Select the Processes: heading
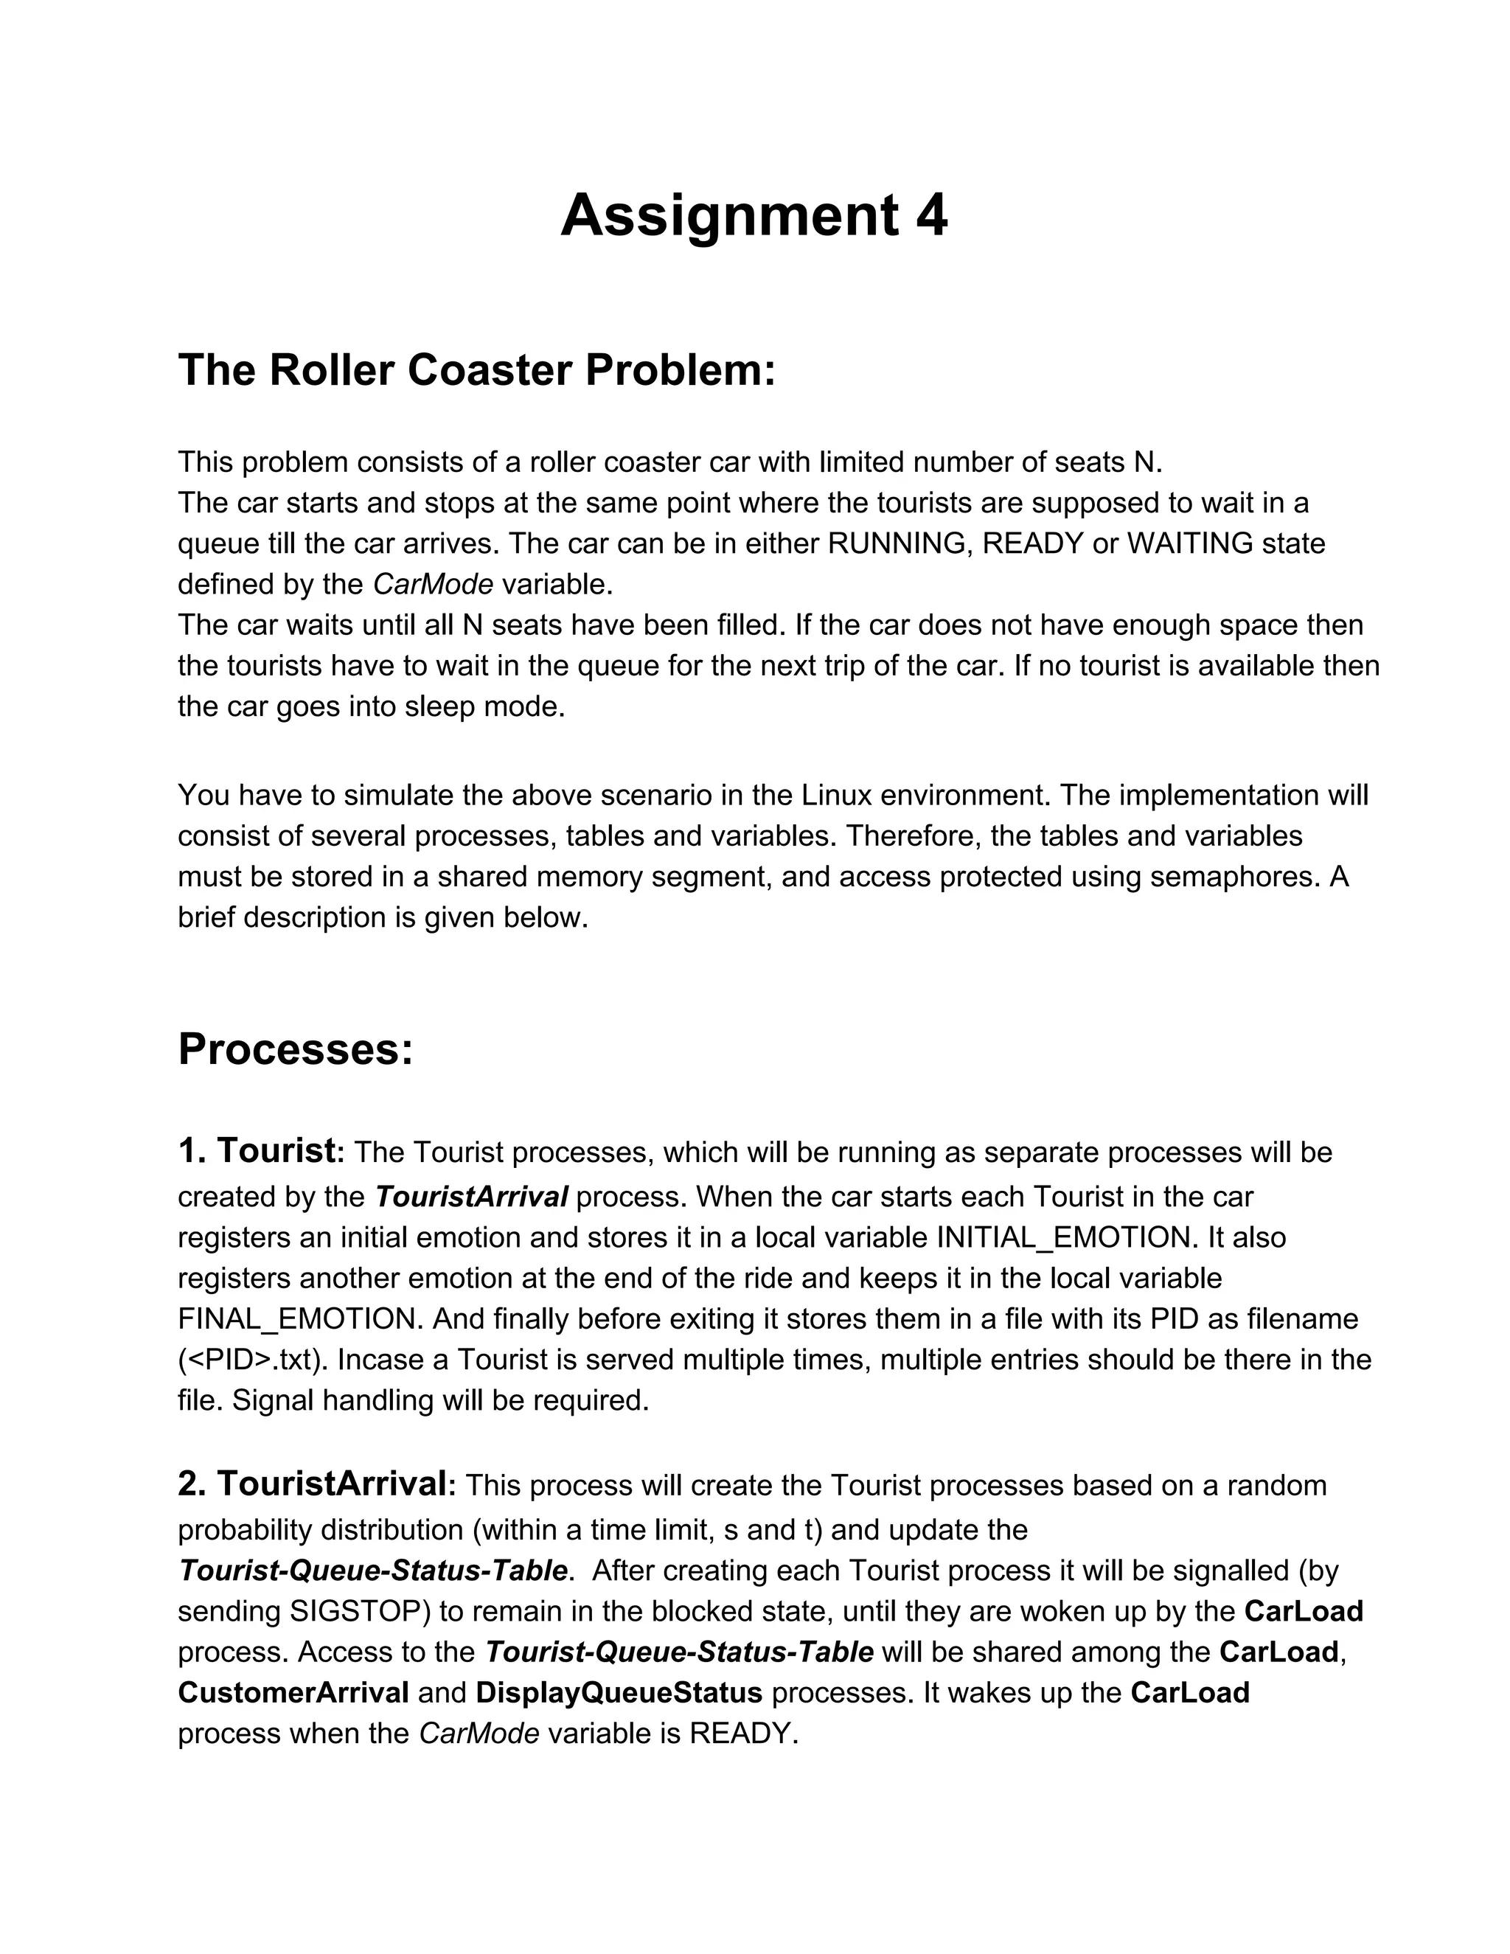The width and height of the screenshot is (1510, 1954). point(295,1049)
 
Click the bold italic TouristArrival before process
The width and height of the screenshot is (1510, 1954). point(470,1196)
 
